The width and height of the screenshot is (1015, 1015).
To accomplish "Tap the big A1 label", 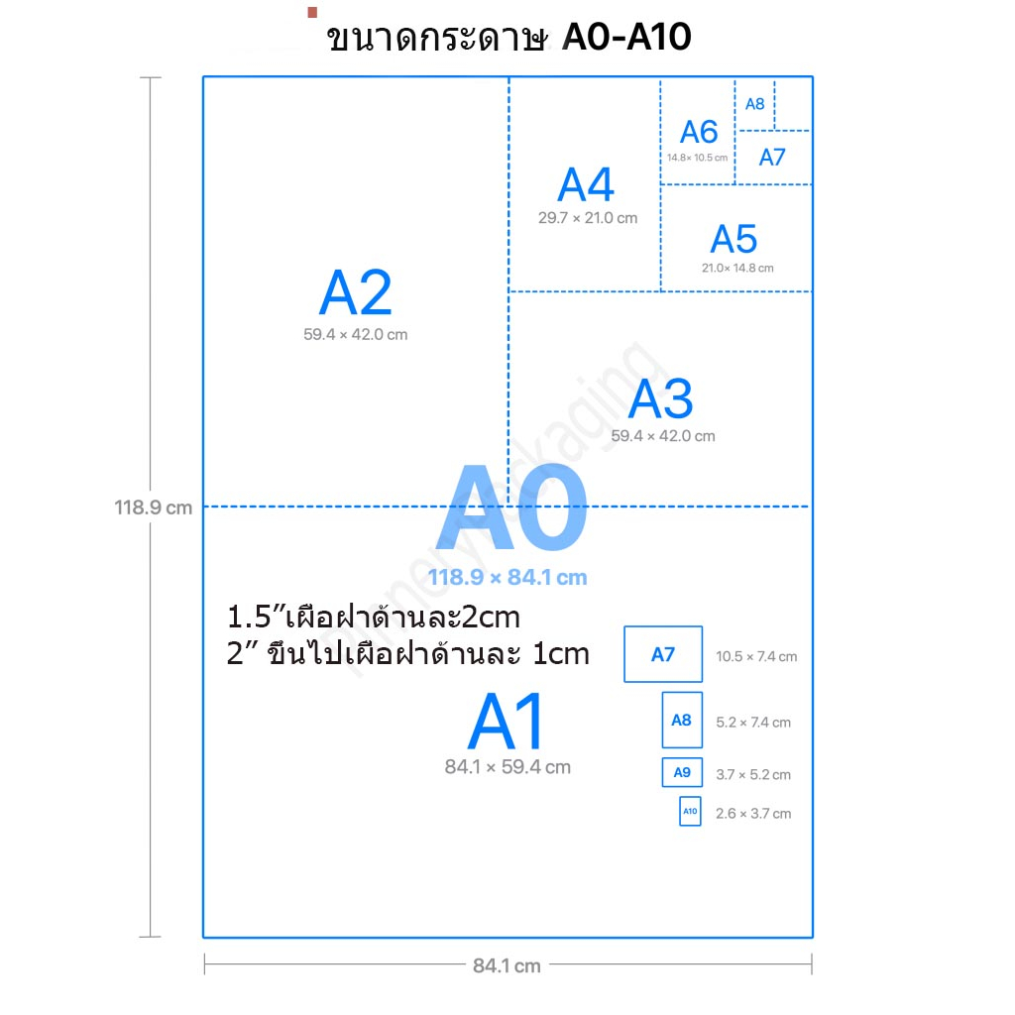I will [507, 724].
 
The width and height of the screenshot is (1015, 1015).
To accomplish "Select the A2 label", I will [355, 293].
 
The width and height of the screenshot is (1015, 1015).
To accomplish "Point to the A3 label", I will [661, 398].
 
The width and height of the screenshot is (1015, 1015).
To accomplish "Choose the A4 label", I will [586, 185].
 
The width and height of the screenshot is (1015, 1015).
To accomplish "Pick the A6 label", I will [698, 132].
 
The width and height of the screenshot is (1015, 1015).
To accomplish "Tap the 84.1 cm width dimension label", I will [507, 965].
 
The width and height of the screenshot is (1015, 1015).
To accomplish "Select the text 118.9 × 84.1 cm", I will [507, 578].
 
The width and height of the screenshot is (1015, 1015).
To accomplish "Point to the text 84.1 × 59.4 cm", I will [507, 766].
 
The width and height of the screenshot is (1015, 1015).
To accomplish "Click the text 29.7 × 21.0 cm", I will [588, 218].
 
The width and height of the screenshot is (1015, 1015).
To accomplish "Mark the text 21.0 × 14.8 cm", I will [737, 268].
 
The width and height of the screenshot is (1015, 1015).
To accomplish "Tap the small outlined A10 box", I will [690, 812].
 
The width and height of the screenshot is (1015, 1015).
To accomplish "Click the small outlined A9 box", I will [682, 772].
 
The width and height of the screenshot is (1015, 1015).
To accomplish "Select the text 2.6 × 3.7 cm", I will [753, 814].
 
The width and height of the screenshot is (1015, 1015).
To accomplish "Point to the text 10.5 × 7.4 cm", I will [756, 656].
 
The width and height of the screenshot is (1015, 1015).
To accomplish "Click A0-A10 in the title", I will [625, 38].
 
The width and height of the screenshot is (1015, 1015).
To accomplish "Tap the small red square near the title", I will [312, 12].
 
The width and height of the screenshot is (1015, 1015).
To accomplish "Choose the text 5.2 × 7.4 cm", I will [753, 723].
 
